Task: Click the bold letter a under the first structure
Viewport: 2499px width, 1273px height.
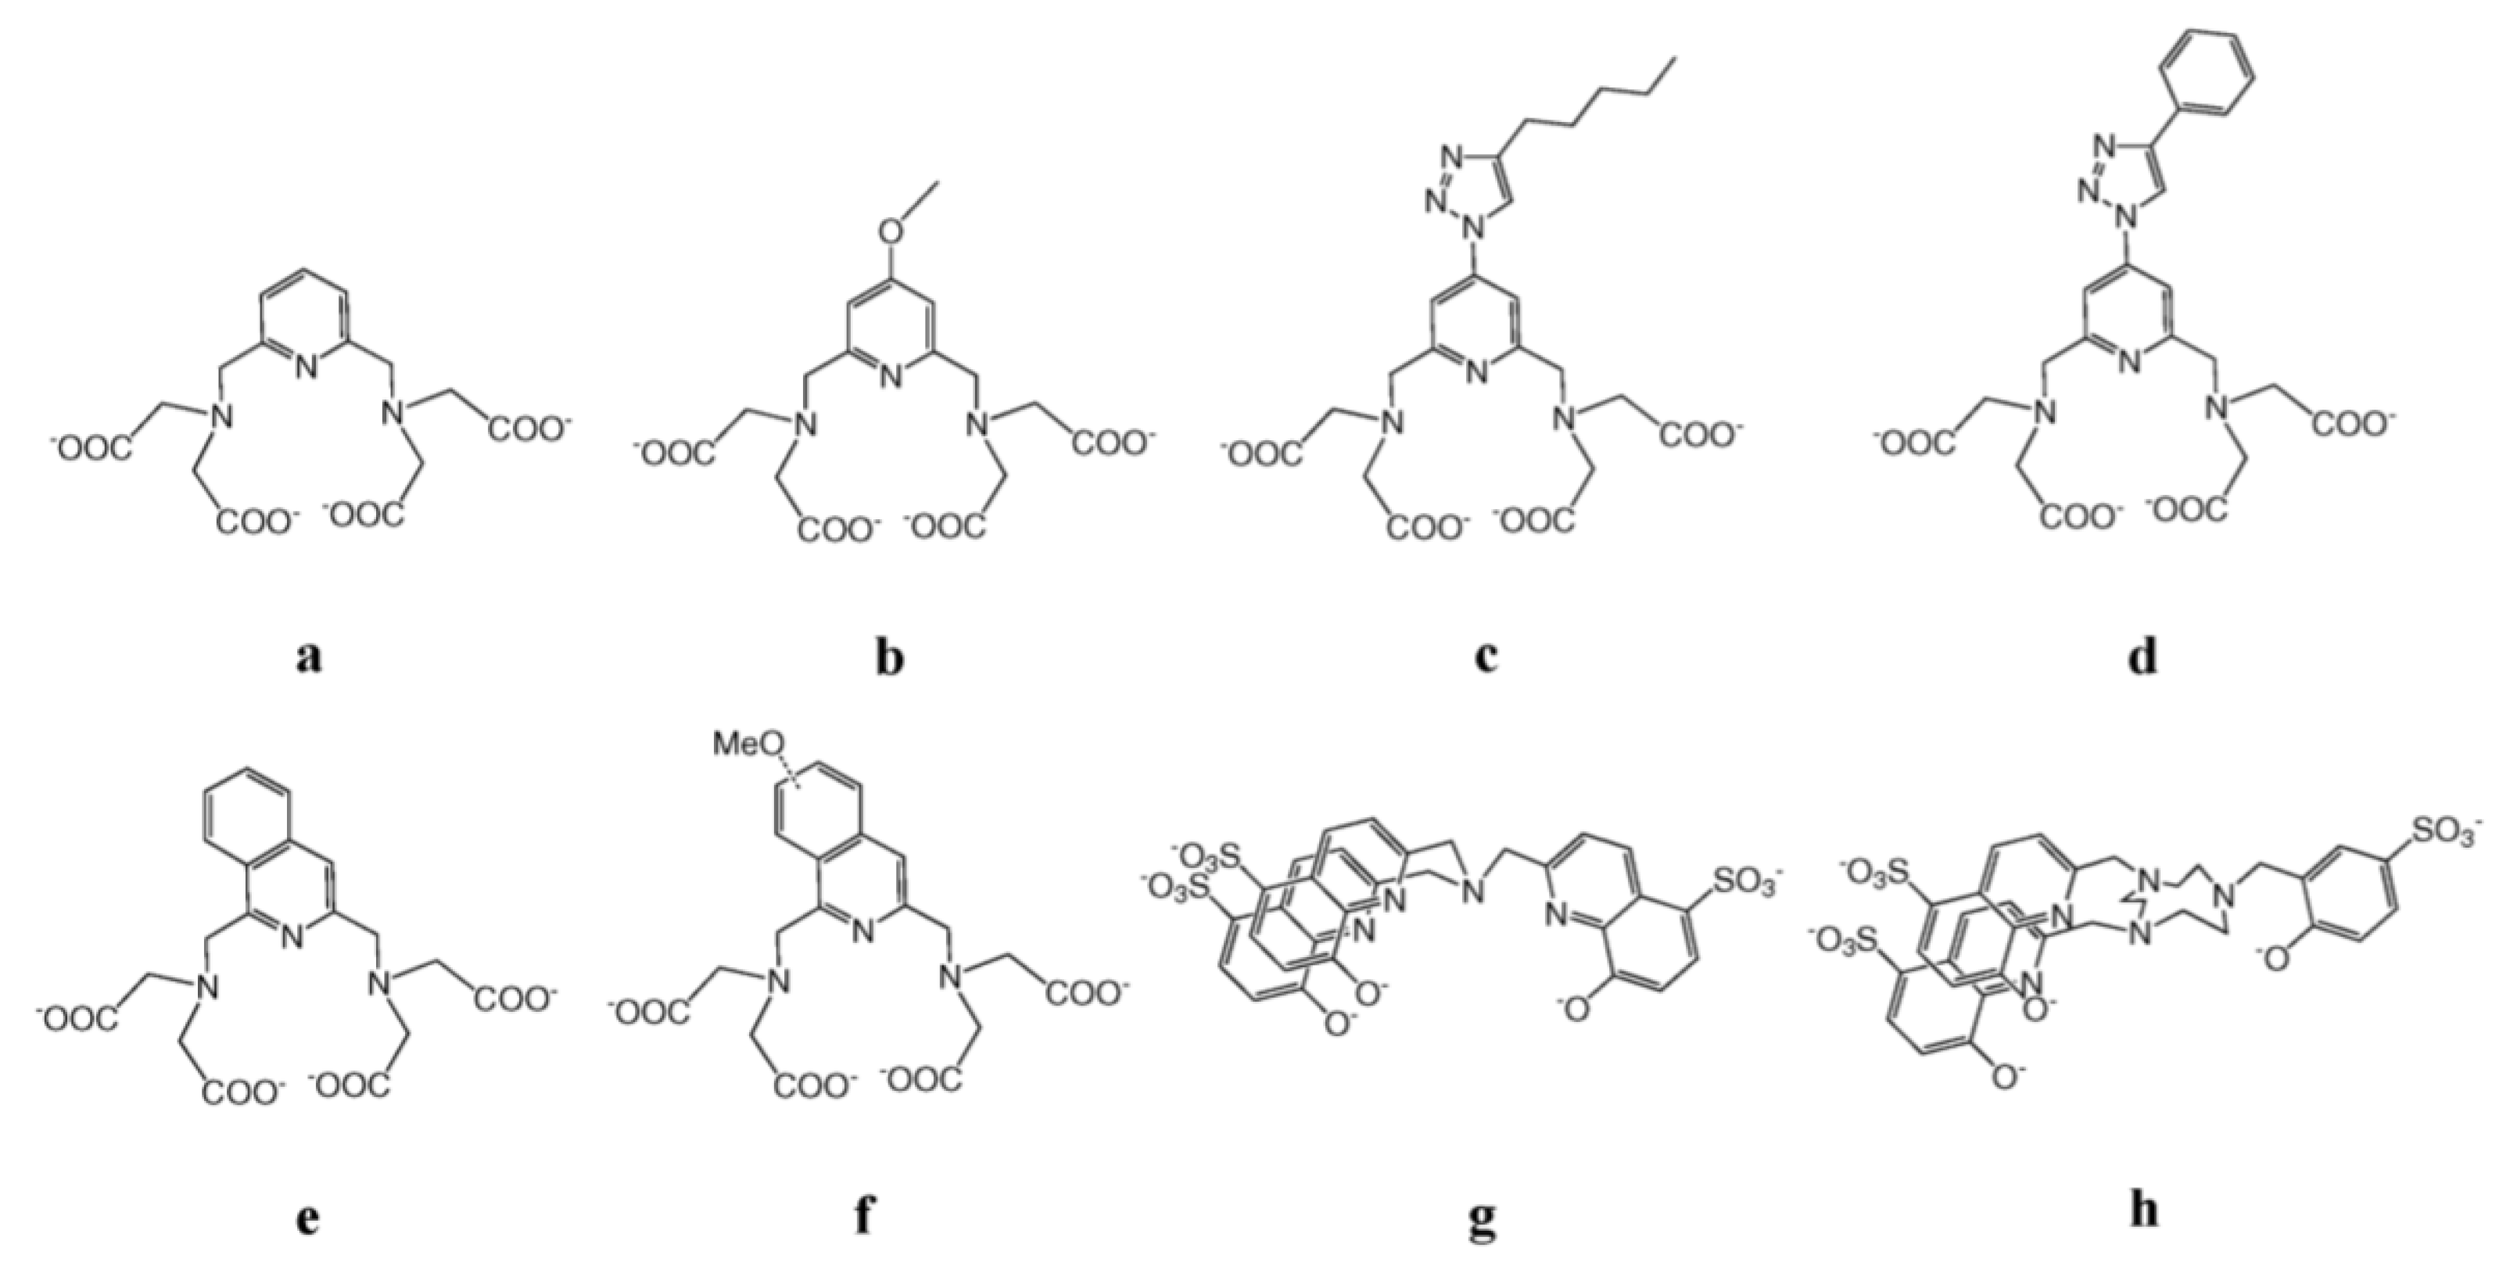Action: point(309,658)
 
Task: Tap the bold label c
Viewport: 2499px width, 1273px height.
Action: point(1485,658)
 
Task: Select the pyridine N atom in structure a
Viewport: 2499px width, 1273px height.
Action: point(307,367)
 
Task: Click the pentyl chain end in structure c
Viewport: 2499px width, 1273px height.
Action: point(1670,60)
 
